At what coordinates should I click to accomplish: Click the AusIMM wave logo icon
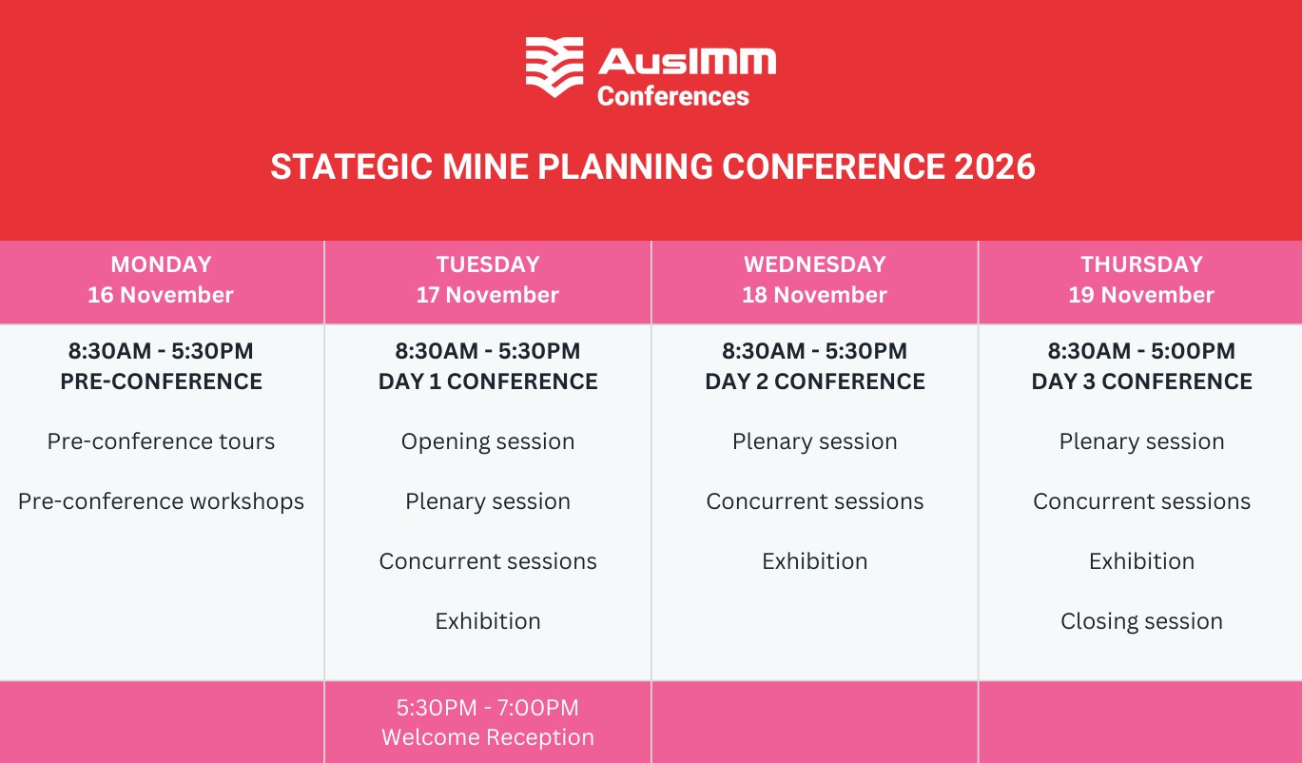(x=554, y=67)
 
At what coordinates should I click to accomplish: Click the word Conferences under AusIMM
(x=673, y=96)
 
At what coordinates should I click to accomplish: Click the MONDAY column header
(x=162, y=264)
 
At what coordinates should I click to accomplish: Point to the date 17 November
(x=488, y=295)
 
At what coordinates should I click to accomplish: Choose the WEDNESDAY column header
(x=815, y=264)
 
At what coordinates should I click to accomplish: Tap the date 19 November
(x=1141, y=295)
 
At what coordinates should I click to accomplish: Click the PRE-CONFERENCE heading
(x=162, y=381)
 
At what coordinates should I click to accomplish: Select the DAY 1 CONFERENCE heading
(x=488, y=381)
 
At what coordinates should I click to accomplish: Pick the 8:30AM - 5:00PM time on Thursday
(x=1141, y=351)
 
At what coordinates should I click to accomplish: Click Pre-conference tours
(x=161, y=441)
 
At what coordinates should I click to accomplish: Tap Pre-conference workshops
(x=161, y=501)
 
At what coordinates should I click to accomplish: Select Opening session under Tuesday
(x=488, y=442)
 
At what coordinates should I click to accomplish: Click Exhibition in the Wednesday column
(x=815, y=561)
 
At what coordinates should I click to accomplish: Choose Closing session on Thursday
(x=1141, y=621)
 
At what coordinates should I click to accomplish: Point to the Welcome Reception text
(x=488, y=737)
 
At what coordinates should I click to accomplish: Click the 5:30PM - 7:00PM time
(x=488, y=708)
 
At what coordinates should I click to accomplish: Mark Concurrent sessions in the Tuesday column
(x=488, y=561)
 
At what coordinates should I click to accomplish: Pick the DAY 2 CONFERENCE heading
(x=815, y=381)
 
